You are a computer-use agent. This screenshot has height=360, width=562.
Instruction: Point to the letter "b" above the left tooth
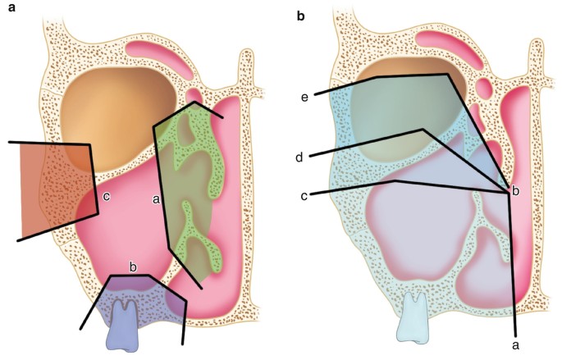coord(132,265)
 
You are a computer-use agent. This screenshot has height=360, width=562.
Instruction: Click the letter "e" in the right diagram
coord(304,97)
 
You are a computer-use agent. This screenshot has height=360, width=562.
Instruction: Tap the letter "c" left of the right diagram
coord(305,195)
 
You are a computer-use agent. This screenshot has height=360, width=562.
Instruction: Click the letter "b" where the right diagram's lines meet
coord(515,190)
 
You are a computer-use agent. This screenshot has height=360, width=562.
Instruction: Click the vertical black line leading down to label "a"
coord(512,262)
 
